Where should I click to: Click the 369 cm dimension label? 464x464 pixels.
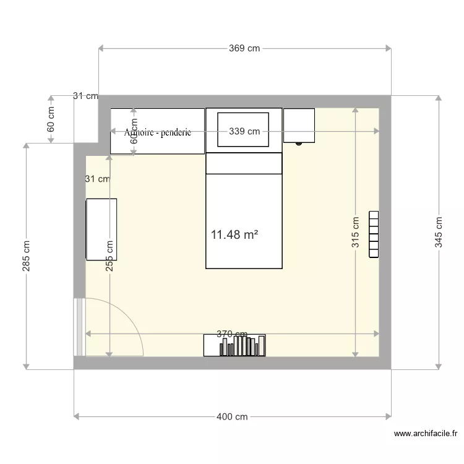[x=245, y=48]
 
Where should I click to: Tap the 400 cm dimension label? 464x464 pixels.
[x=233, y=417]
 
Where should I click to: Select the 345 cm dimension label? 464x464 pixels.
[x=439, y=232]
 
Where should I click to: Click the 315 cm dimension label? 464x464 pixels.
[x=356, y=232]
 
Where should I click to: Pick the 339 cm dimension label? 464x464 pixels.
[x=244, y=131]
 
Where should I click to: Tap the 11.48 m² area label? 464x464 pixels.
[x=234, y=235]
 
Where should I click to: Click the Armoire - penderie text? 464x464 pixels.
[x=158, y=132]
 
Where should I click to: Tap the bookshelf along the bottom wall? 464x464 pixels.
[x=235, y=346]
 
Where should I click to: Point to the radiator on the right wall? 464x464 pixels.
[x=374, y=234]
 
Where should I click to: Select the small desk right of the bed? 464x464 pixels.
[x=299, y=125]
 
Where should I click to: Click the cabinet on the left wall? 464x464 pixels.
[x=101, y=230]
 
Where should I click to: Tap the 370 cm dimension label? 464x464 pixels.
[x=232, y=334]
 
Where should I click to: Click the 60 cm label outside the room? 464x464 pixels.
[x=51, y=119]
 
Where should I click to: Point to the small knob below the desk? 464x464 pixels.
[x=299, y=144]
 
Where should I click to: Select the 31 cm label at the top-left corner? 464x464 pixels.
[x=85, y=96]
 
